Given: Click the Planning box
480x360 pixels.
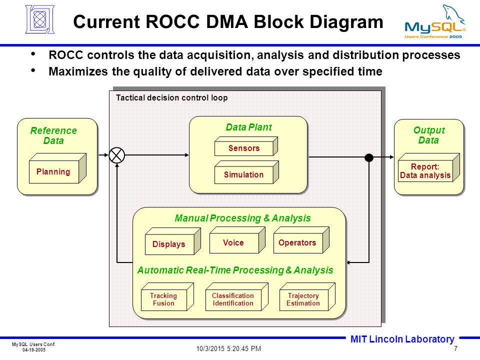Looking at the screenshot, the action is point(57,168).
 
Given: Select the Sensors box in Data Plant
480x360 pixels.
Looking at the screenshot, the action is point(246,146).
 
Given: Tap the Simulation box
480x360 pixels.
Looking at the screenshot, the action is point(246,172).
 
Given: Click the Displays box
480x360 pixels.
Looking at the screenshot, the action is point(172,241).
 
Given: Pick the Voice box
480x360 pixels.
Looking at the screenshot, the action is point(237,240).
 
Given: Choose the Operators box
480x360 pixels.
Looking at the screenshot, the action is point(301,240).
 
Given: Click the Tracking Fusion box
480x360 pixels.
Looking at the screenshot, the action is point(167,296).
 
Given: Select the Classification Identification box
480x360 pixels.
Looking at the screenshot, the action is point(236,296).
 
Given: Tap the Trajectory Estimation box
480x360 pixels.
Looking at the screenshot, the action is point(307,296).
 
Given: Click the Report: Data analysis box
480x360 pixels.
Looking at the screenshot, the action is point(428,167).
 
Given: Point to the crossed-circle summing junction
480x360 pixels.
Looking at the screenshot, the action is point(116,155).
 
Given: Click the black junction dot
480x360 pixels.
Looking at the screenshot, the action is point(369,157).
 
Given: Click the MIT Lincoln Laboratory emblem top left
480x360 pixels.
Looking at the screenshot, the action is point(40,19).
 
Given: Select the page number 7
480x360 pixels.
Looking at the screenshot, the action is point(455,348).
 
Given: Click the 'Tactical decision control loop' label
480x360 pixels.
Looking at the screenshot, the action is point(171,97).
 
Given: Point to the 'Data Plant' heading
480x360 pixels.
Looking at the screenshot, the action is point(248,127).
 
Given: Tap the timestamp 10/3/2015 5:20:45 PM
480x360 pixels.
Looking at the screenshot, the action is point(228,348).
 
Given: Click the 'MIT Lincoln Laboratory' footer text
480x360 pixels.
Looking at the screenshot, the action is point(402,339).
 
